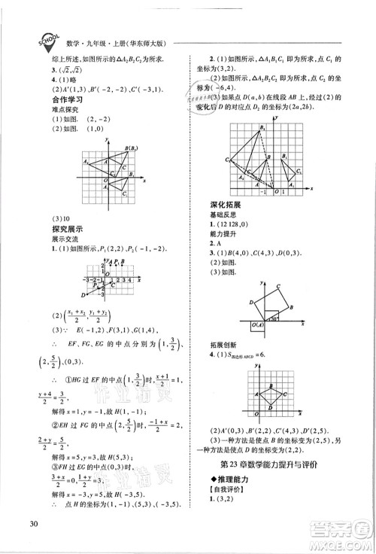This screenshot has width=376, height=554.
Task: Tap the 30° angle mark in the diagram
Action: pyautogui.click(x=276, y=318)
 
